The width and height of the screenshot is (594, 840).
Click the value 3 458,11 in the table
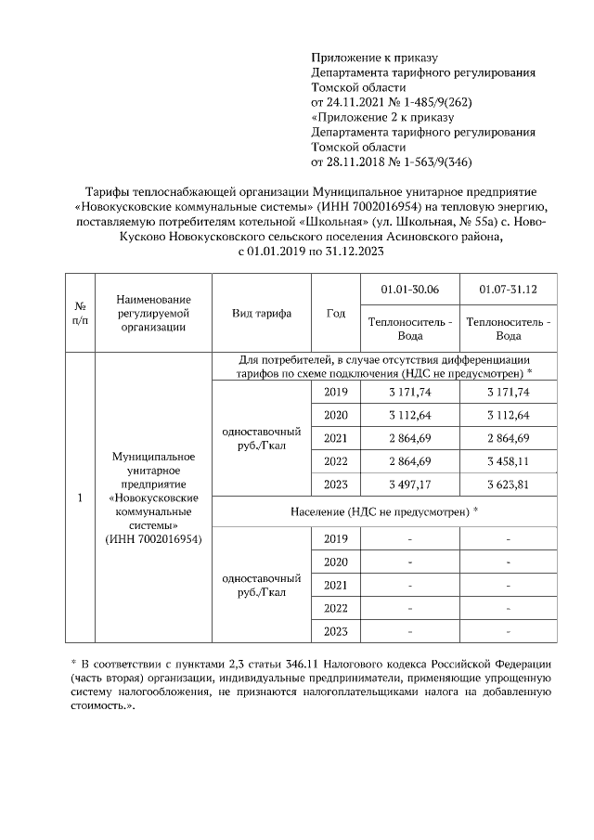509,461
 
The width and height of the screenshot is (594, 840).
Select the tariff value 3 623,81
509,485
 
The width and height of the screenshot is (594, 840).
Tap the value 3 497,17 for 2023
408,485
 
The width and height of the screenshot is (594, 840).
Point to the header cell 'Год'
335,314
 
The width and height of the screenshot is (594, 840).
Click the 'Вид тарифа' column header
262,314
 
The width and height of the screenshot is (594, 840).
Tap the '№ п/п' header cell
81,314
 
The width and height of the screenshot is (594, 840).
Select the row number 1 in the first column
81,498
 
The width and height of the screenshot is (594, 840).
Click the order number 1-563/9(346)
433,162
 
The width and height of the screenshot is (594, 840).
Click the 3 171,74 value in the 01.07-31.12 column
509,393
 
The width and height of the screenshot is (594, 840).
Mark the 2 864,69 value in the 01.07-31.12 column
509,438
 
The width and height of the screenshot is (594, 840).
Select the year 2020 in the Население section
335,562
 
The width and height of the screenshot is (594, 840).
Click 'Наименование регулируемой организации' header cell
154,313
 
